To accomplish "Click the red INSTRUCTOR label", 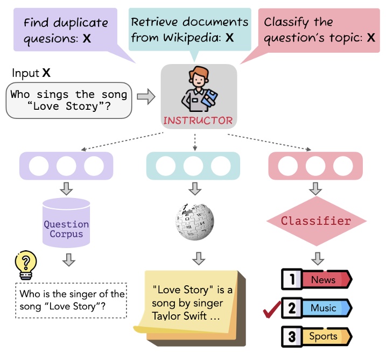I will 198,120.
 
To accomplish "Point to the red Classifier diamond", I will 316,221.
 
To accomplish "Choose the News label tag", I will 324,280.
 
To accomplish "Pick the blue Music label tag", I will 324,308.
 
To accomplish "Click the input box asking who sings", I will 69,100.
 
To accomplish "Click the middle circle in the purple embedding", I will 66,165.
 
